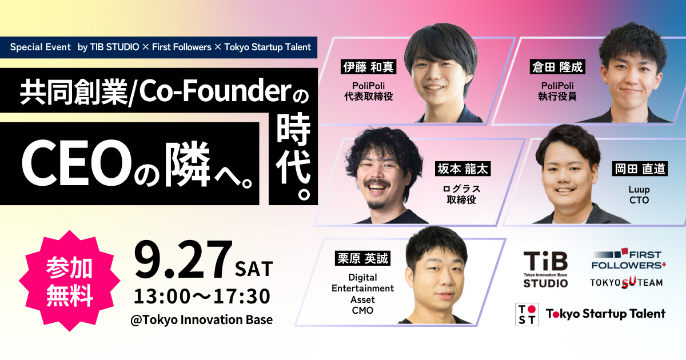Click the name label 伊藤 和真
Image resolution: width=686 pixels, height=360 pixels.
tap(368, 67)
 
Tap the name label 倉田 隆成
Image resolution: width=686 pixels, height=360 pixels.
tap(557, 67)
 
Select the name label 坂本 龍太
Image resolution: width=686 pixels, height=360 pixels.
tap(462, 169)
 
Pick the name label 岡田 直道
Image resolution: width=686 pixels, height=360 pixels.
tap(640, 169)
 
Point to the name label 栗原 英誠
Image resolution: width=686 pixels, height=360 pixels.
tap(362, 258)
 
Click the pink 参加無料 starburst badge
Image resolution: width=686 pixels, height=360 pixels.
tap(70, 281)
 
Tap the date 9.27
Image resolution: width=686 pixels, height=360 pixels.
tap(182, 260)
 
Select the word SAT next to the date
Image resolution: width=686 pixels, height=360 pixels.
tap(254, 269)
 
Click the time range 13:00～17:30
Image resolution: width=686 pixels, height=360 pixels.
tap(202, 297)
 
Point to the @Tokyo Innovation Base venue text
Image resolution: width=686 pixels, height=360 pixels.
tap(201, 319)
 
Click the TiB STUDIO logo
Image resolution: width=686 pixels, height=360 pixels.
tap(545, 270)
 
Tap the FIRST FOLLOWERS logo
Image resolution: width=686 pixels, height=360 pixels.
tap(628, 259)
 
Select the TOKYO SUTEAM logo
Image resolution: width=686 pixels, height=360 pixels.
tap(627, 282)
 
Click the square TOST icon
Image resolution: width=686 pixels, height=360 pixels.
tap(527, 314)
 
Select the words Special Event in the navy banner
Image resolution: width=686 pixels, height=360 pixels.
tap(41, 47)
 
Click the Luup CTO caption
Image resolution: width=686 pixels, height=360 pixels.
tap(639, 195)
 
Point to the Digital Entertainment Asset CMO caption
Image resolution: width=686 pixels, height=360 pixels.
tap(362, 294)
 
